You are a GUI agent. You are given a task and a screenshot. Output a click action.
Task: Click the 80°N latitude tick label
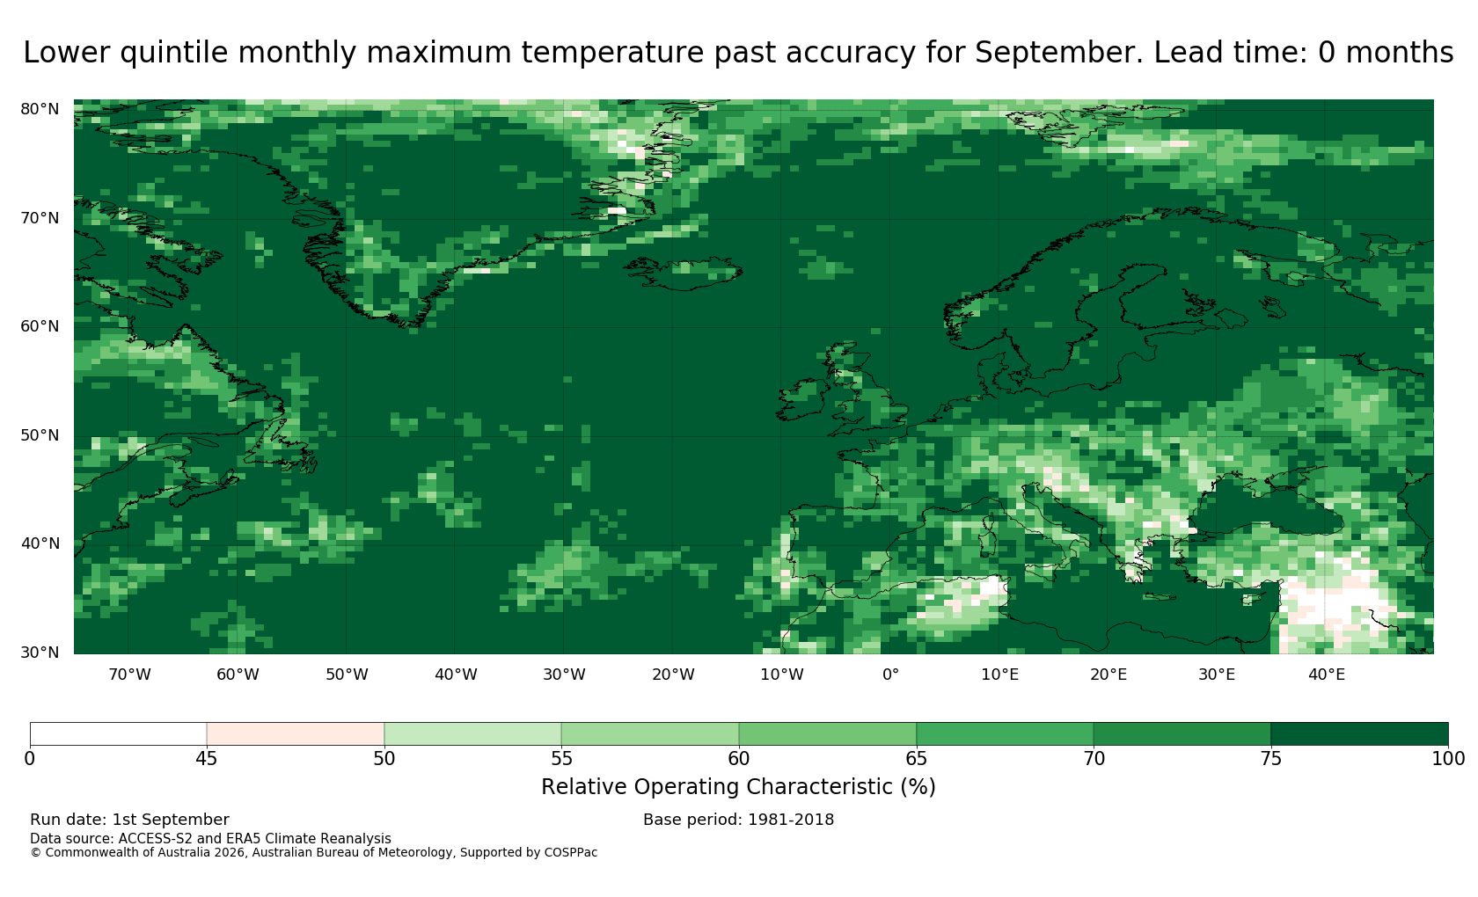40,109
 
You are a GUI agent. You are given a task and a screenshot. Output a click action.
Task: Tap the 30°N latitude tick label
40,653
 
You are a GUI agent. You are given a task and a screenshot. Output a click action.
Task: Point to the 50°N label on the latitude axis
40,435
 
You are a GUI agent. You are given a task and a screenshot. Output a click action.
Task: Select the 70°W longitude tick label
129,675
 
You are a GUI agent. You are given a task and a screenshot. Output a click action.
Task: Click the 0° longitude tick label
890,675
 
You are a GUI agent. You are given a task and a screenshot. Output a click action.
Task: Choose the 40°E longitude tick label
1327,675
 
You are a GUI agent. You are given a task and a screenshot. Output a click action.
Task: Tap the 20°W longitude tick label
673,675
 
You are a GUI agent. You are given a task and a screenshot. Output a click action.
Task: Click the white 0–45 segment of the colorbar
118,733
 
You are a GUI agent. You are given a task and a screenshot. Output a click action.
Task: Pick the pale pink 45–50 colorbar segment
295,733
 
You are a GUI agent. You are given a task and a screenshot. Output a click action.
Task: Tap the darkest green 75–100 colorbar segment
1359,733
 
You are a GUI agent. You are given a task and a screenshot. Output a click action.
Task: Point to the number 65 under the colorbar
916,759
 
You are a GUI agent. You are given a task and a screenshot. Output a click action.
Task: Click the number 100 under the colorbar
1448,759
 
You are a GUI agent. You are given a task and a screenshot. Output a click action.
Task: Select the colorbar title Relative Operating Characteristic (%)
738,787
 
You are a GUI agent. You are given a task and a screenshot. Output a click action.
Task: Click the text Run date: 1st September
129,820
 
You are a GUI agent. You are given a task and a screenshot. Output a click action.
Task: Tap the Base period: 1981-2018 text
738,820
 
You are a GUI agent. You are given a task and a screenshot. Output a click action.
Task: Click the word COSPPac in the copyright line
570,853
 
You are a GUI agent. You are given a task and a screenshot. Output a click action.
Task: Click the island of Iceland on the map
683,273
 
